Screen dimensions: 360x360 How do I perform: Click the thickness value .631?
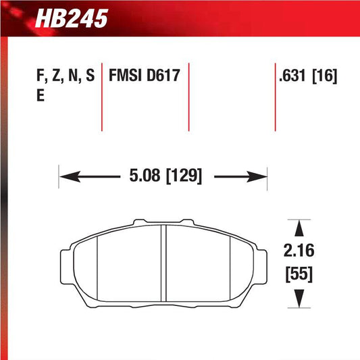coord(294,76)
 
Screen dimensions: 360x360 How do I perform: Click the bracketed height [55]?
coord(298,275)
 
